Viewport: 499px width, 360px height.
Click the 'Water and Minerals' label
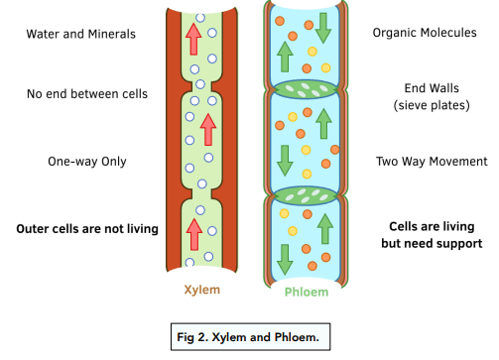coord(81,34)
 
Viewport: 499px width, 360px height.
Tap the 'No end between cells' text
coord(87,94)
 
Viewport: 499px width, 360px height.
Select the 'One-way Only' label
coord(87,162)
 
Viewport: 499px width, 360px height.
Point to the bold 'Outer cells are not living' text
coord(87,229)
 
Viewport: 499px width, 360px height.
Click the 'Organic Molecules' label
coord(425,33)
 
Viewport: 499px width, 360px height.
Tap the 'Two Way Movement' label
coord(432,162)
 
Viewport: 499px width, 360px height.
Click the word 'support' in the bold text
coord(461,244)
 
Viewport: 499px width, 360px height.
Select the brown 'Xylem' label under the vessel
coord(202,290)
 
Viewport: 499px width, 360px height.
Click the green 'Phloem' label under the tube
coord(307,293)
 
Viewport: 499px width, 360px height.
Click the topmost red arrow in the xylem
coord(193,39)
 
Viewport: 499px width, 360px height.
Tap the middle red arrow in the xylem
coord(208,130)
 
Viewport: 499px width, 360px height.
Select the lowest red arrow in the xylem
coord(194,234)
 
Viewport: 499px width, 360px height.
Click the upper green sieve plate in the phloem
coord(306,89)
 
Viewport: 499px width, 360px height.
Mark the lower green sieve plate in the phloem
coord(306,195)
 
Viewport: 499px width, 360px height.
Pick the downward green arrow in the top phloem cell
coord(323,28)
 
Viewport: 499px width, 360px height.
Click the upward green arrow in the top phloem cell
coord(285,57)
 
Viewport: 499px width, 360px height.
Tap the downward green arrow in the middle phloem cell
coord(285,161)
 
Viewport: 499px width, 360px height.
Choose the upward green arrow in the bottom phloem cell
coord(325,229)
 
